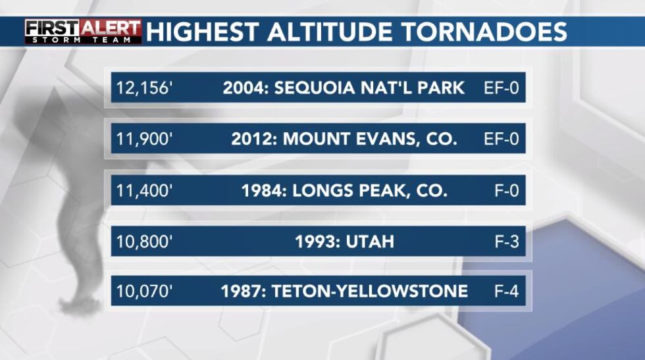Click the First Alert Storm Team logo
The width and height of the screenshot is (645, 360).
pos(83,32)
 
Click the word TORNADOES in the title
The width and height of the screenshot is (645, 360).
pos(484,32)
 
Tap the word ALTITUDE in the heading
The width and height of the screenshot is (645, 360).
pos(330,32)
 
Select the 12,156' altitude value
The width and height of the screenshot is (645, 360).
pos(143,88)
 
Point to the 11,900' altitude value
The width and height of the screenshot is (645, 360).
pos(144,139)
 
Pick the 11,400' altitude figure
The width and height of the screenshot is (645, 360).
pos(144,190)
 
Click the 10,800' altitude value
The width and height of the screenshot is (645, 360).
pos(144,242)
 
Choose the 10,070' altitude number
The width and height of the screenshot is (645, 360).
pos(144,292)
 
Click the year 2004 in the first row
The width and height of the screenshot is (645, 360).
pos(244,88)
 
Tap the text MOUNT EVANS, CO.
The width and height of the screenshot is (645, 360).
pos(370,139)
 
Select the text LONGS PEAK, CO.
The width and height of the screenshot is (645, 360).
pos(370,190)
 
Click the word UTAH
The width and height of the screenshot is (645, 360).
pos(370,242)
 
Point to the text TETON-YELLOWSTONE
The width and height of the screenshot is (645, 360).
pos(370,292)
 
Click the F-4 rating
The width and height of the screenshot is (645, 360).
pos(507,292)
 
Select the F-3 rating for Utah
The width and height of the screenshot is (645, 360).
pos(507,242)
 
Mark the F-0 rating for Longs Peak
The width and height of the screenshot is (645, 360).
pos(507,190)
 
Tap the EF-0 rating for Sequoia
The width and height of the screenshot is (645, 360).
pos(502,88)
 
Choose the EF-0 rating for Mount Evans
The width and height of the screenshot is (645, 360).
pos(502,139)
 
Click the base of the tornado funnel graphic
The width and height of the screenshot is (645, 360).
pos(80,305)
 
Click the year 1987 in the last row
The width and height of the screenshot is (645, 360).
pos(242,292)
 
